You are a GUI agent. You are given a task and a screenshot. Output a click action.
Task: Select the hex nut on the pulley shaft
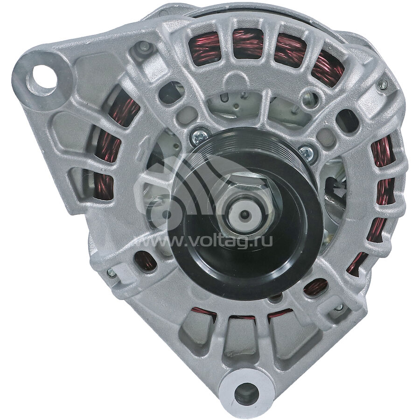246,204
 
